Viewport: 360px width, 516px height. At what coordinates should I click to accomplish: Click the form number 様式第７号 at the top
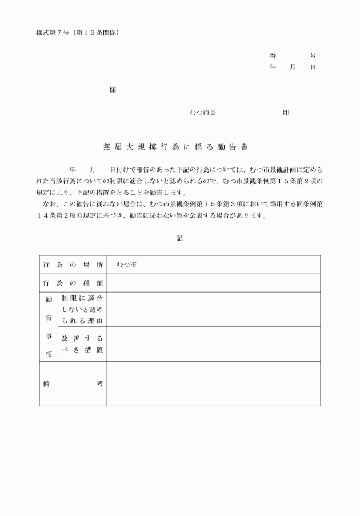coord(53,33)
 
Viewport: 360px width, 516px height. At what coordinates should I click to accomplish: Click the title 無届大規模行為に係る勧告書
coord(175,146)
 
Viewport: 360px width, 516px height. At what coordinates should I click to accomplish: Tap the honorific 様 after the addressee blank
coord(113,90)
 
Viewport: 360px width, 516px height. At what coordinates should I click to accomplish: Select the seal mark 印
coord(286,113)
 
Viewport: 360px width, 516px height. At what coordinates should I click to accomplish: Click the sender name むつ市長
coord(202,113)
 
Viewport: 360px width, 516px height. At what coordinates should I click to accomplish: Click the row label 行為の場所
coord(73,265)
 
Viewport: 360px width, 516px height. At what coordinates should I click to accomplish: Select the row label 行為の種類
coord(73,283)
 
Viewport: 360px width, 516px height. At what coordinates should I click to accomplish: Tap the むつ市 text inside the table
coord(126,265)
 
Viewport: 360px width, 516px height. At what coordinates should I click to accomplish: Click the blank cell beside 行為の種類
coord(213,283)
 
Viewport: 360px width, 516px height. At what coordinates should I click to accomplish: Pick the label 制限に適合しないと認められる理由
coord(82,309)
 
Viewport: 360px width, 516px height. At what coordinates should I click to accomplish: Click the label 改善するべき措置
coord(82,344)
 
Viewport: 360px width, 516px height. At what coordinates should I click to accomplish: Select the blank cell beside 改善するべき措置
coord(213,344)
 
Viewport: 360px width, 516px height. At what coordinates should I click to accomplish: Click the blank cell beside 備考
coord(213,383)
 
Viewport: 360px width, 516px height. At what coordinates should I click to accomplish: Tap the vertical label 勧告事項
coord(49,326)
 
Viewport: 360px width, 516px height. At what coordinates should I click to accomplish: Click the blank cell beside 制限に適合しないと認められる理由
coord(213,309)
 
